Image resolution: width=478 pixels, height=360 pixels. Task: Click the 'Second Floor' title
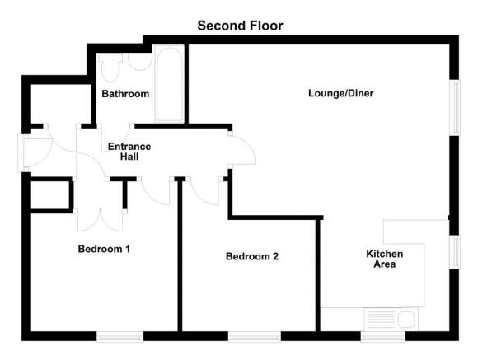tap(240, 26)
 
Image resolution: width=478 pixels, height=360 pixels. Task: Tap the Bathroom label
tap(125, 94)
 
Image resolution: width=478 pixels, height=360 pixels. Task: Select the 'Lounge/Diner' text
tap(341, 93)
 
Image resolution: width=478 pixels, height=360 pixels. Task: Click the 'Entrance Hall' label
tap(129, 152)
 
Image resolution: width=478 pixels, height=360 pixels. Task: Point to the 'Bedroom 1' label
tap(104, 248)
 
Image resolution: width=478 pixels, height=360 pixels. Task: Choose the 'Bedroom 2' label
tap(252, 256)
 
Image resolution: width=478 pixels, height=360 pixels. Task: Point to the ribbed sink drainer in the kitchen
tap(382, 319)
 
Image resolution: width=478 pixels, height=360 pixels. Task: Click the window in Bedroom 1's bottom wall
tap(120, 336)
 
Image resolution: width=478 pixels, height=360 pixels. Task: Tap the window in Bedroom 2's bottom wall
tap(255, 336)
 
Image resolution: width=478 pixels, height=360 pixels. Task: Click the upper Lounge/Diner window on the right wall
tap(452, 105)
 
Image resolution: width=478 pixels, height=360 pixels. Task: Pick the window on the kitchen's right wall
tap(452, 252)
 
